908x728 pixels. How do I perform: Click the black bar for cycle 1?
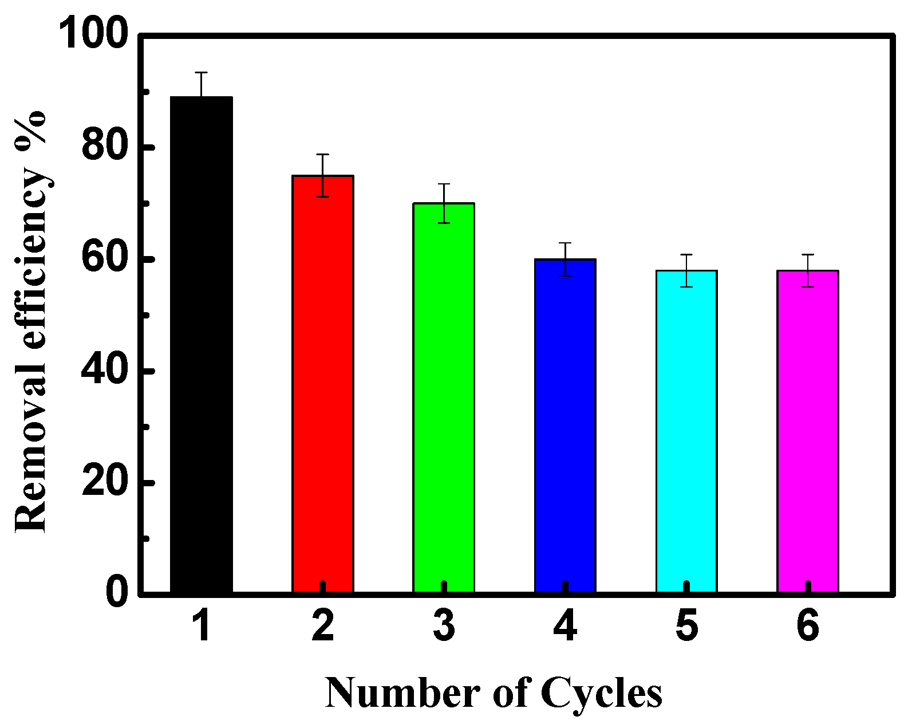tap(202, 344)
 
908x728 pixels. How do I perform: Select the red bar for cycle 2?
tap(323, 384)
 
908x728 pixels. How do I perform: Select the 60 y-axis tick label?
tap(104, 259)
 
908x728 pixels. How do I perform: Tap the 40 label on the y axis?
tap(104, 371)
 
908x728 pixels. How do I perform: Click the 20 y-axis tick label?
tap(104, 482)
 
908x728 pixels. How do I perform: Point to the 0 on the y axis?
tap(117, 593)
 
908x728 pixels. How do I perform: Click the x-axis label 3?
tap(444, 626)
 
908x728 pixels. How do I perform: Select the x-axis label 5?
tap(686, 626)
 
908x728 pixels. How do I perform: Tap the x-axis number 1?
tap(202, 626)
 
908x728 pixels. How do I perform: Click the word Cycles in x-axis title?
tap(601, 694)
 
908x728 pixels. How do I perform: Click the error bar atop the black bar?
tap(202, 84)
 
